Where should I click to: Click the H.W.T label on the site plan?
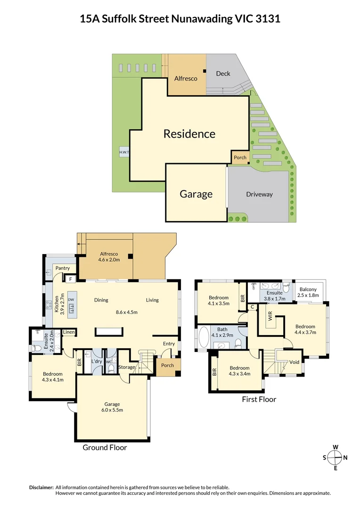124,152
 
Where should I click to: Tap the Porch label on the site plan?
240,157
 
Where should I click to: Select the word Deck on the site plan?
223,74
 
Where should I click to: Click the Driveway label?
259,194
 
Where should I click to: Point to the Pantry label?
63,268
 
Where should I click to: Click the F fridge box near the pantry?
70,279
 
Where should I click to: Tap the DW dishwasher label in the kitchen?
71,300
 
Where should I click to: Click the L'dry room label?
97,361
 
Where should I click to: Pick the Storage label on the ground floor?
127,367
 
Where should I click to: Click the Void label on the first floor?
294,362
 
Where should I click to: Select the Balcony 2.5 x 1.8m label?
308,293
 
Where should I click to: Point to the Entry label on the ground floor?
169,344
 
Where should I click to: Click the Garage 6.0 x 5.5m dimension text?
112,410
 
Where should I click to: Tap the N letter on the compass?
345,457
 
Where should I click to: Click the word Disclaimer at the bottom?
41,487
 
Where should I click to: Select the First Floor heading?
259,399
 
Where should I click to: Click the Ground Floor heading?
105,447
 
